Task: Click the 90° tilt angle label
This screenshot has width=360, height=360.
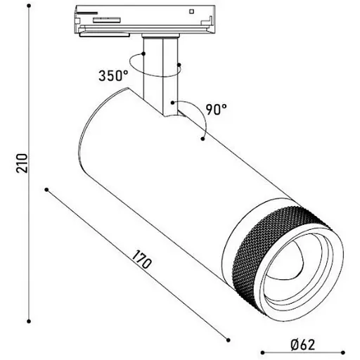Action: click(x=216, y=109)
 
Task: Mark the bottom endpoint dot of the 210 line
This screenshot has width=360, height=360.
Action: click(x=30, y=318)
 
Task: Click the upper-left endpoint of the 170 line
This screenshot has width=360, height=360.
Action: click(x=46, y=190)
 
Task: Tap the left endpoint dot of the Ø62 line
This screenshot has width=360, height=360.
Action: click(x=260, y=350)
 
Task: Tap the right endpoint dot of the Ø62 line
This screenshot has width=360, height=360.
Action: click(x=344, y=350)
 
